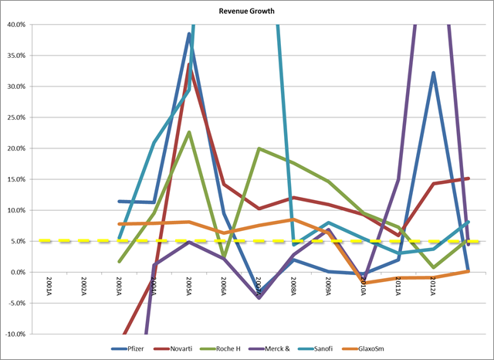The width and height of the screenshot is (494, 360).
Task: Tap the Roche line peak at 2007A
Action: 259,148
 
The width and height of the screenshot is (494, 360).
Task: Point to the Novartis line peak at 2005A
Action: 189,65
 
